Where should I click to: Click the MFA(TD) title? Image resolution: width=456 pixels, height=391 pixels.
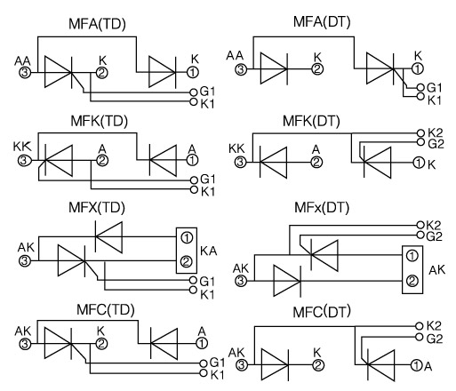coord(97,24)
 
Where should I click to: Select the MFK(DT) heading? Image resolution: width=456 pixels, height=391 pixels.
coord(311,121)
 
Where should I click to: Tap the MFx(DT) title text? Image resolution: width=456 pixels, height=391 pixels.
coord(322,208)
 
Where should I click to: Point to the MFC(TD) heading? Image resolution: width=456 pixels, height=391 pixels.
coord(106,310)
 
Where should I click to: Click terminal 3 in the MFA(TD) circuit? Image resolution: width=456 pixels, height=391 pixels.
coord(25,72)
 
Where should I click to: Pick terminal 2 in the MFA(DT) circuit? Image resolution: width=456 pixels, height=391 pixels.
coord(317,69)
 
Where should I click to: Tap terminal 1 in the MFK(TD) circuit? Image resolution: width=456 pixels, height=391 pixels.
coord(192,160)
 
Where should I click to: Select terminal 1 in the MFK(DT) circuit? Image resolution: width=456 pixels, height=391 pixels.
coord(419,163)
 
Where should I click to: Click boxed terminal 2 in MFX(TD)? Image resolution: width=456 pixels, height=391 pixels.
coord(187,262)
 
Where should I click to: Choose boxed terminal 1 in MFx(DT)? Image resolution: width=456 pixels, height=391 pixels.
coord(412,256)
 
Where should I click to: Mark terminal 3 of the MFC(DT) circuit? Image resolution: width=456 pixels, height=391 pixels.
coord(242,365)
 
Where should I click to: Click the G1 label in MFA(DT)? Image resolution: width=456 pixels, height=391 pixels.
coord(434,88)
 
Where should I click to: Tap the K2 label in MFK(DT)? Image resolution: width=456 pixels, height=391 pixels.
coord(435,132)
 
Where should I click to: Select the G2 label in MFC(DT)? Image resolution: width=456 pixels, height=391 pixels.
coord(435,339)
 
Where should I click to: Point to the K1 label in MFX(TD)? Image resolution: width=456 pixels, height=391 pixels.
coord(207,295)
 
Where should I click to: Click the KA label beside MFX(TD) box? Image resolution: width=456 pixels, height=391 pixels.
coord(209,251)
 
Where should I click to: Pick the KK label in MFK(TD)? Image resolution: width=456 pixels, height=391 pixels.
coord(22,147)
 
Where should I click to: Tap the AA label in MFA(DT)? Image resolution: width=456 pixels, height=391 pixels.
coord(235,56)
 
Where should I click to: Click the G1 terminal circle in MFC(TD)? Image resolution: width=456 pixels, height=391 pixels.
coord(204,363)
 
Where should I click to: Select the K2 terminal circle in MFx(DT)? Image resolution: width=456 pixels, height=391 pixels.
coord(420,225)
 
